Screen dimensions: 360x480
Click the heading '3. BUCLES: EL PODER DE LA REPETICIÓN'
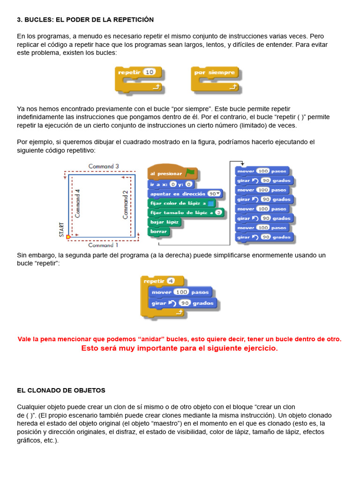coord(85,20)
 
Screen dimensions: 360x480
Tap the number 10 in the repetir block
coord(150,72)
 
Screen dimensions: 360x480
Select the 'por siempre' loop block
coord(216,80)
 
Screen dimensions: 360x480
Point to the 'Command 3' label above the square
coord(104,166)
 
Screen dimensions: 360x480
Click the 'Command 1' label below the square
coord(103,245)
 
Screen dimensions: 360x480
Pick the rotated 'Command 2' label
coord(125,205)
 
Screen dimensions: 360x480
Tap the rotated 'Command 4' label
coord(77,203)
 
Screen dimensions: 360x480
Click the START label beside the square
coord(61,230)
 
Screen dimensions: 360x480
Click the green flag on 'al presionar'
coord(190,172)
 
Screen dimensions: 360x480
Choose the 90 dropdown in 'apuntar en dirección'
coord(214,194)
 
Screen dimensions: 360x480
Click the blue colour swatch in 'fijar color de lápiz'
coord(210,203)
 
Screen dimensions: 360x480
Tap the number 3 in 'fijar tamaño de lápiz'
coord(218,212)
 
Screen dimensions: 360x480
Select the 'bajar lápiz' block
coord(165,222)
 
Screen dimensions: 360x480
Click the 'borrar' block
coord(158,232)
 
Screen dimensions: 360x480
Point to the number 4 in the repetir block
coord(171,281)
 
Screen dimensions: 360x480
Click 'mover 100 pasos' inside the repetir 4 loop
coord(180,292)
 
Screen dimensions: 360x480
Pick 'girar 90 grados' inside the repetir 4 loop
coord(183,303)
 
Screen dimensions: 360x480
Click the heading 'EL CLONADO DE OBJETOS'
coord(61,390)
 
